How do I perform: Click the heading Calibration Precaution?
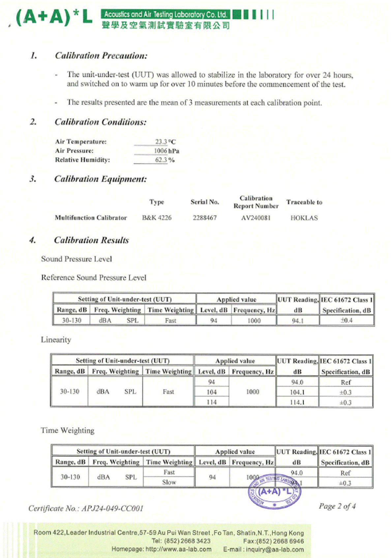point(101,55)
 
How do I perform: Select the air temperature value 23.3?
point(161,142)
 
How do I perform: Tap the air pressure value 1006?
point(161,151)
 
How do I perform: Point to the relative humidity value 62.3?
point(161,160)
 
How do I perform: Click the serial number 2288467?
point(205,218)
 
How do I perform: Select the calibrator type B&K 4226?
point(157,218)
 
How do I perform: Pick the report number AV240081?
point(256,218)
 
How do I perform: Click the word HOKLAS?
point(304,218)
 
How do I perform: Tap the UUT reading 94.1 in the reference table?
point(298,321)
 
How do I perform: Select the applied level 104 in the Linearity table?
point(211,392)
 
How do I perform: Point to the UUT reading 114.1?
point(297,402)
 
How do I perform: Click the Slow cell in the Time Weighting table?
point(169,482)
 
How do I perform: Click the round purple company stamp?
point(274,492)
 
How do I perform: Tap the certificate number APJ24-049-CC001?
point(112,508)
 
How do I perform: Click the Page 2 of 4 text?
point(337,506)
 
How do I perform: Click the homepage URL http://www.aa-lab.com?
point(178,549)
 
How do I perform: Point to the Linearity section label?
point(56,340)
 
